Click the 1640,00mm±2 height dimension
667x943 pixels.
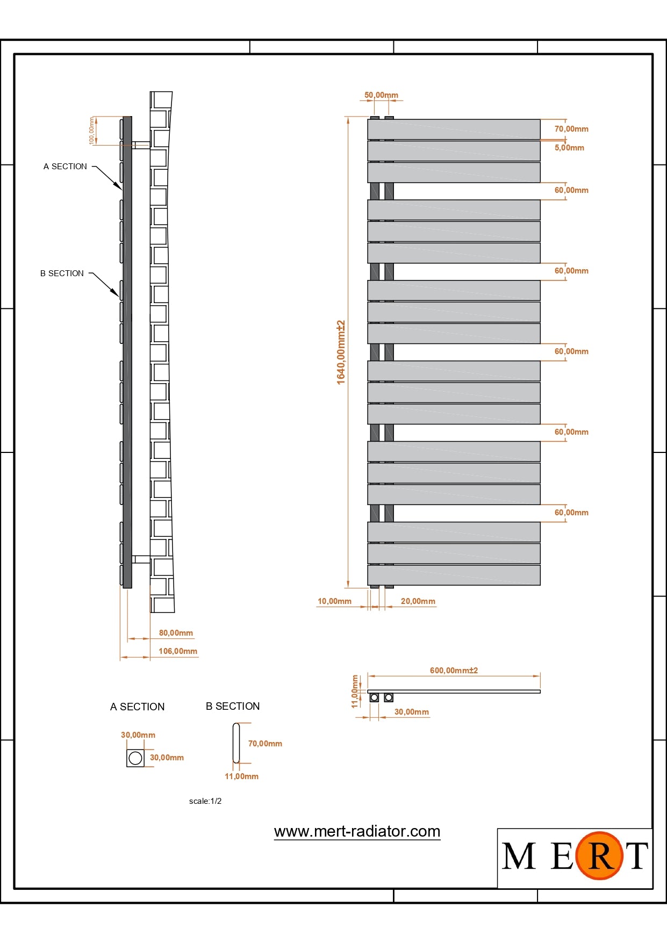[341, 352]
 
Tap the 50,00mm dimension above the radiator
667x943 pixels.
[381, 95]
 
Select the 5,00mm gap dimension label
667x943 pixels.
[569, 148]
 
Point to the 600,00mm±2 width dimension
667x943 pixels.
[454, 671]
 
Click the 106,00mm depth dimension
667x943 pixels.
[178, 651]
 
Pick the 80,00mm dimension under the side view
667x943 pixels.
[176, 633]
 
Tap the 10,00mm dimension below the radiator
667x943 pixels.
[334, 601]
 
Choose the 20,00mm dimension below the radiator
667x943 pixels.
[418, 601]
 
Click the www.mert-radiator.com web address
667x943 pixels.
[357, 831]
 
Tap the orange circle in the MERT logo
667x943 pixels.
[599, 855]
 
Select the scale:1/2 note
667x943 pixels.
[205, 801]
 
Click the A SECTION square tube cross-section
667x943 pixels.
[135, 758]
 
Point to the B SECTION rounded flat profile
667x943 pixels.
[236, 743]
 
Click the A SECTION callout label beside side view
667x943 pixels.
[65, 167]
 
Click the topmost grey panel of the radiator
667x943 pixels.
[454, 129]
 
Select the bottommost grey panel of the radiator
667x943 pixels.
[454, 575]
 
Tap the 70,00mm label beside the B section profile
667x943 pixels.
[265, 744]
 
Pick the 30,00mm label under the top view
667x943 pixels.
[412, 712]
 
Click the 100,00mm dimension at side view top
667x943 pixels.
[92, 131]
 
